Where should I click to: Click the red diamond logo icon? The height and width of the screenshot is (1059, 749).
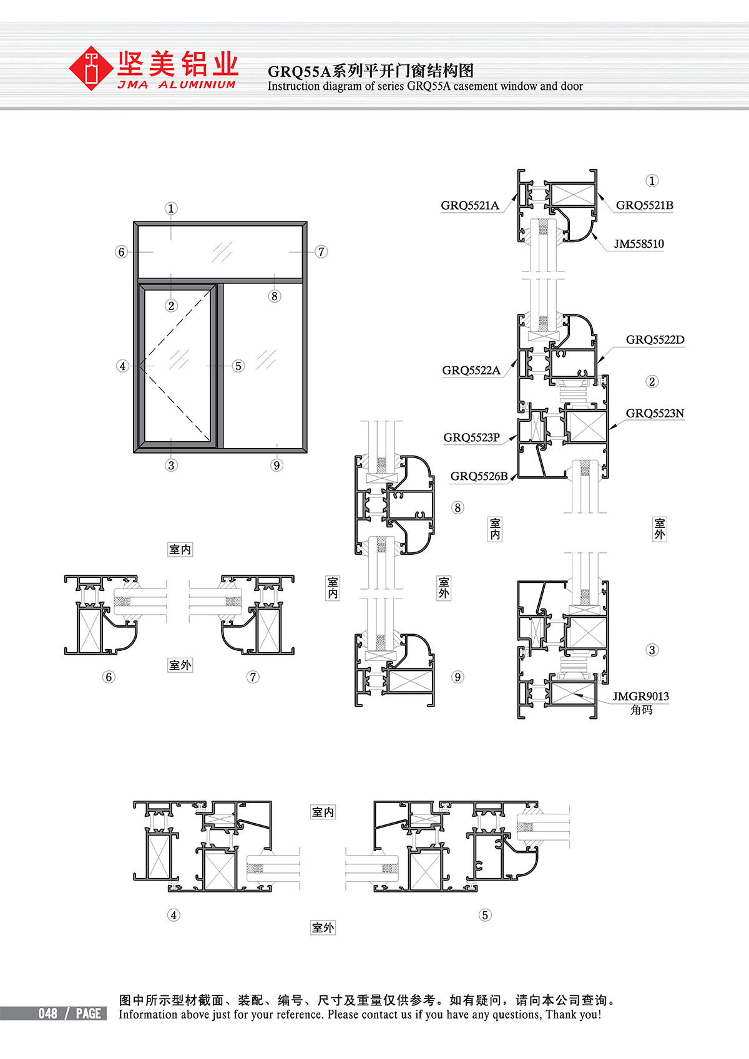pos(91,68)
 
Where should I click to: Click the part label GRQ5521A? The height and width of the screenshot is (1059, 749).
pos(469,205)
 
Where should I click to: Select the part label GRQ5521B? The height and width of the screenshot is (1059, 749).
pos(645,205)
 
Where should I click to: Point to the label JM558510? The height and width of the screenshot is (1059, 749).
pos(639,244)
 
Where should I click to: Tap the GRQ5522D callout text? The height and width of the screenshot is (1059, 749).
pos(655,339)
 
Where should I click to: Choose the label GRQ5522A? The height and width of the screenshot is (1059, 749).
pos(471,370)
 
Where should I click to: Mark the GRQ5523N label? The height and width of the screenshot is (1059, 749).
pos(655,413)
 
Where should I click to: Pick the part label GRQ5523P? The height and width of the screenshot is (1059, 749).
pos(471,437)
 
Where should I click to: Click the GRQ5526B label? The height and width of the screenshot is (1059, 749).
pos(479,476)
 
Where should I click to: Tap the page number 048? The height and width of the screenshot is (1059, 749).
pos(48,1013)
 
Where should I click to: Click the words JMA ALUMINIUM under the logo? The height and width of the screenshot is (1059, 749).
pos(177,85)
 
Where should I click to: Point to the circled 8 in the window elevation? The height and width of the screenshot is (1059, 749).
pos(274,296)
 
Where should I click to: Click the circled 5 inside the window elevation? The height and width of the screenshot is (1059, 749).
pos(238,366)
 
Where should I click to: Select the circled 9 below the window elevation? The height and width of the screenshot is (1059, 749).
pos(277,465)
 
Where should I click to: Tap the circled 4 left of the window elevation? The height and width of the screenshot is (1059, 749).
pos(122,366)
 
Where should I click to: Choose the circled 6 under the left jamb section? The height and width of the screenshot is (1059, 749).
pos(109,677)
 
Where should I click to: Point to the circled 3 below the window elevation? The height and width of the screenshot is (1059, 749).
pos(171,465)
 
